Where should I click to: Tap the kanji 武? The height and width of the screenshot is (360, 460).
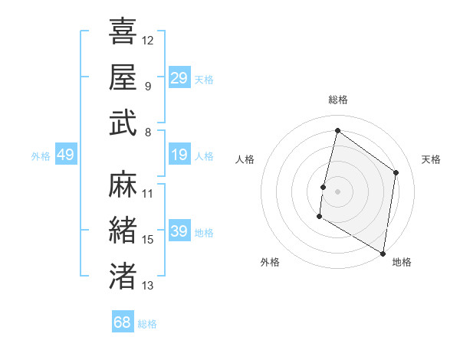point(123,123)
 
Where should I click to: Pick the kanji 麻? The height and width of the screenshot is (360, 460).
point(123,185)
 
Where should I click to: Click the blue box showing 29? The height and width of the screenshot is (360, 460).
point(179,78)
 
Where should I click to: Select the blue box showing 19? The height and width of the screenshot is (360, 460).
point(179,155)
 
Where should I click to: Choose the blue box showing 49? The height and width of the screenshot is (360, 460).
point(65,155)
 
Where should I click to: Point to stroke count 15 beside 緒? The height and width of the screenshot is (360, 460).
point(148,240)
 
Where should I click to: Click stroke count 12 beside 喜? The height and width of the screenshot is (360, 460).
point(148,39)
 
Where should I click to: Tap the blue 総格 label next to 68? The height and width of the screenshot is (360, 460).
point(147,324)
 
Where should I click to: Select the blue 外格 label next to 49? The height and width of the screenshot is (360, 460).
point(41,156)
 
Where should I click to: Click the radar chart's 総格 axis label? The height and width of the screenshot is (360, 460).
point(337,100)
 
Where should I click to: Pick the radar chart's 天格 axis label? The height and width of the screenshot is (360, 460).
point(431,159)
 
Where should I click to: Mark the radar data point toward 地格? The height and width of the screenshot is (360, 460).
point(383,253)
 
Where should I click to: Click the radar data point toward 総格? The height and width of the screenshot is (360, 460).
point(337,131)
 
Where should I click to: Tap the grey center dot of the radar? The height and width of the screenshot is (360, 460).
point(337,191)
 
